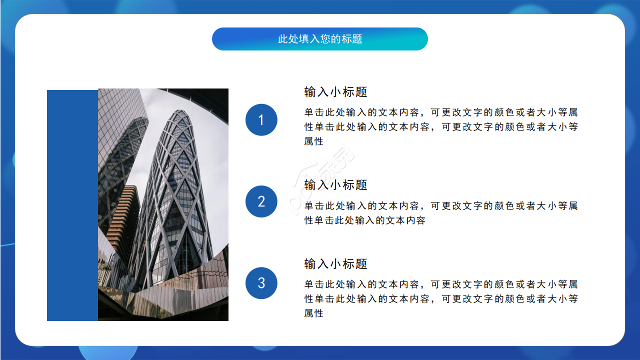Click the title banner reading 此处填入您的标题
[x=320, y=39]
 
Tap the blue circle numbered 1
[x=261, y=120]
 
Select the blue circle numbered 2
[x=261, y=201]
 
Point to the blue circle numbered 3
[x=261, y=283]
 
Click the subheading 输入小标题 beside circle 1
[x=335, y=92]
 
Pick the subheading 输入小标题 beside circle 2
[x=335, y=185]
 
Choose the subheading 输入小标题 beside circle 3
[x=335, y=264]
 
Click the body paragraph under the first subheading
[x=440, y=127]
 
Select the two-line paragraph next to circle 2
[x=440, y=213]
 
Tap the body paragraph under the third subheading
[x=440, y=298]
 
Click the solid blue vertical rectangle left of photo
[x=72, y=205]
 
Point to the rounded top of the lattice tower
[x=180, y=117]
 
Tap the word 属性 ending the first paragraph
[x=314, y=141]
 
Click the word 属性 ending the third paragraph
[x=314, y=313]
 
